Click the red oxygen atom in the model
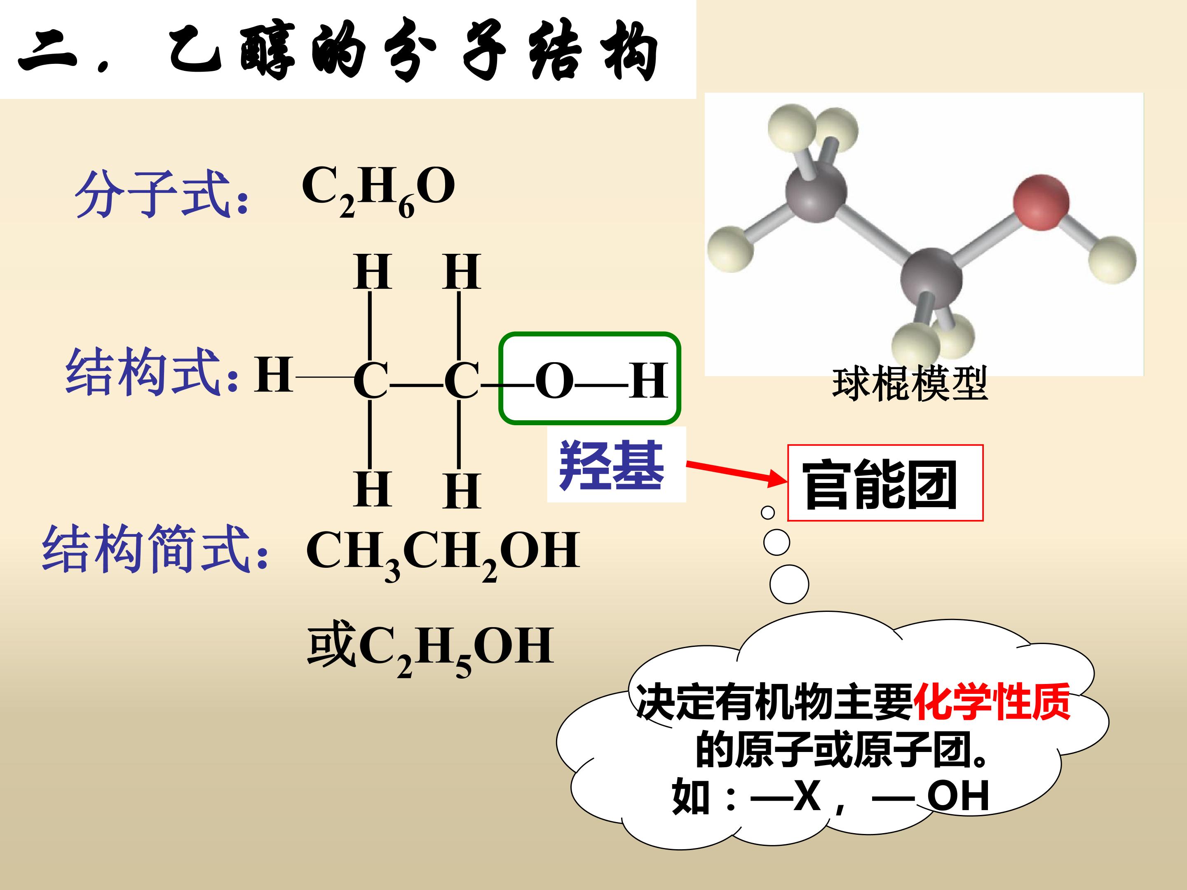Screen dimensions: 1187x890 pos(1041,202)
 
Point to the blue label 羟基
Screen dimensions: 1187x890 pos(612,465)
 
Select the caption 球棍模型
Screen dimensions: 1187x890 pos(910,383)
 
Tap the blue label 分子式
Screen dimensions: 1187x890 pos(161,194)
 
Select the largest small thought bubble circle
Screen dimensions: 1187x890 pos(789,584)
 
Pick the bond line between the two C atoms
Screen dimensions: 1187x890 pos(416,385)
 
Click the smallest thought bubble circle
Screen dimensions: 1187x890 pos(768,513)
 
